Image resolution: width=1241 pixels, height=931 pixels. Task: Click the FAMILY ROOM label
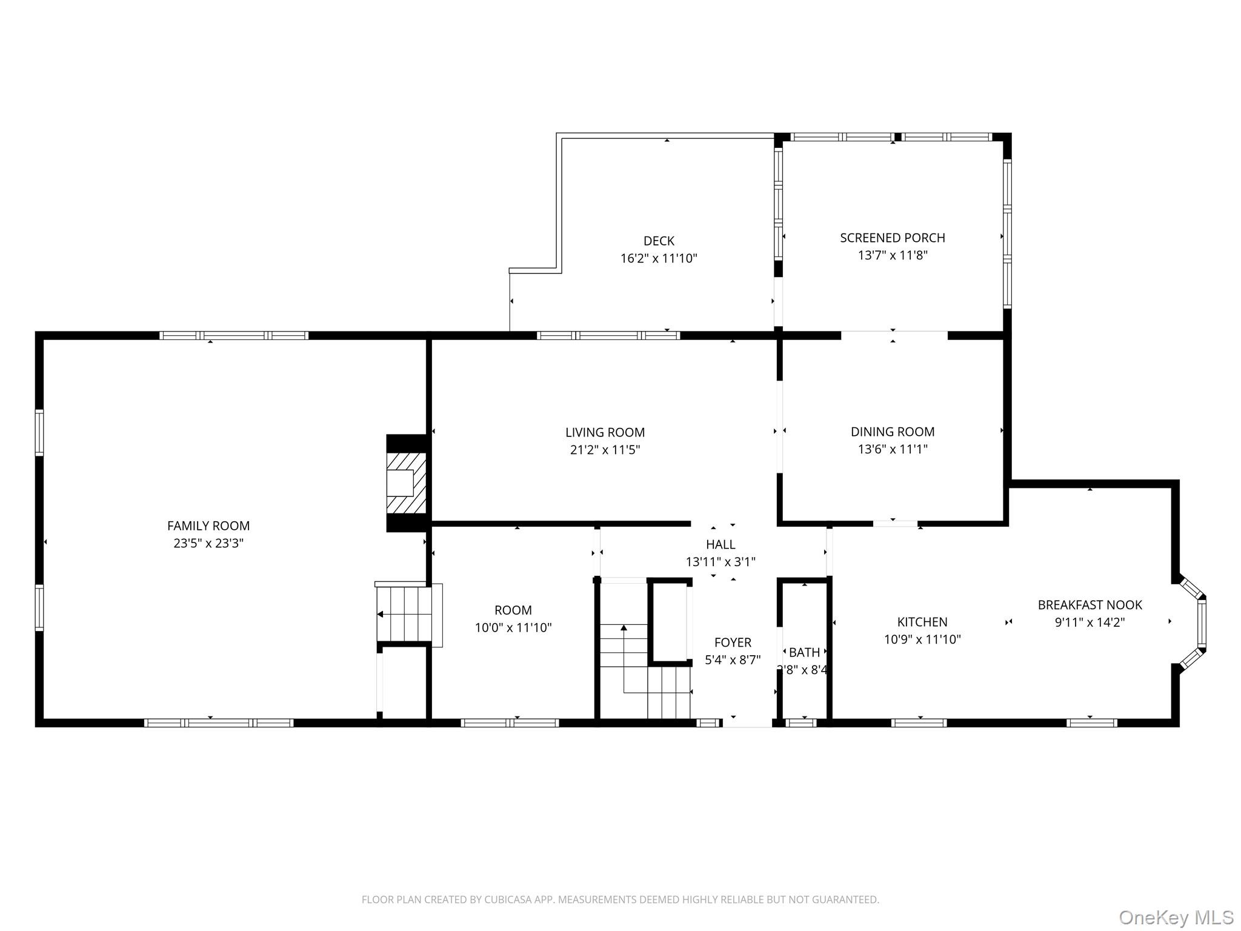(x=208, y=526)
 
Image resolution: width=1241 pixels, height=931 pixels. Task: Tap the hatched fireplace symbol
(x=406, y=483)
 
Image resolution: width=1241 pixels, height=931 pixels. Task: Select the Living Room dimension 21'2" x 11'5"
(x=605, y=450)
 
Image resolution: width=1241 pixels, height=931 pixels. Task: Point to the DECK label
(x=659, y=241)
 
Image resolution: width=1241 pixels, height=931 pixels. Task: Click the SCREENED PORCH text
(x=892, y=238)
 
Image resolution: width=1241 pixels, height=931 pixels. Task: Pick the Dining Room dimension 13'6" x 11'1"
(x=892, y=449)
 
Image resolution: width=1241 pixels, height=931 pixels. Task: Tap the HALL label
(x=720, y=544)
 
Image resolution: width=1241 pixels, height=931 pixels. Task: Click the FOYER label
(x=733, y=642)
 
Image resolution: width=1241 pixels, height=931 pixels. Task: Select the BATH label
(x=804, y=652)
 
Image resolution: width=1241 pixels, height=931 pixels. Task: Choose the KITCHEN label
(x=922, y=622)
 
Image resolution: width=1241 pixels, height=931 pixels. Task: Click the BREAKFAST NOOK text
(x=1090, y=604)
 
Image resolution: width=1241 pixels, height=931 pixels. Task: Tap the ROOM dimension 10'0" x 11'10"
(x=513, y=627)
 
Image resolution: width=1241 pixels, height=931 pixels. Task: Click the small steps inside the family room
(x=405, y=614)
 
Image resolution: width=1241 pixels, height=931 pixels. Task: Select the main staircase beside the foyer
(x=642, y=673)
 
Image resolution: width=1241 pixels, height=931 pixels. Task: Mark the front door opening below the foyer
(x=747, y=722)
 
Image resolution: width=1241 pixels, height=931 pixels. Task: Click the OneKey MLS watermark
(x=1176, y=917)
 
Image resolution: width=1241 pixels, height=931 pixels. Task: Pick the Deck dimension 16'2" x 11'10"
(x=659, y=258)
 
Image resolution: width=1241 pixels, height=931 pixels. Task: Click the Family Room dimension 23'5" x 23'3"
(x=208, y=543)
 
